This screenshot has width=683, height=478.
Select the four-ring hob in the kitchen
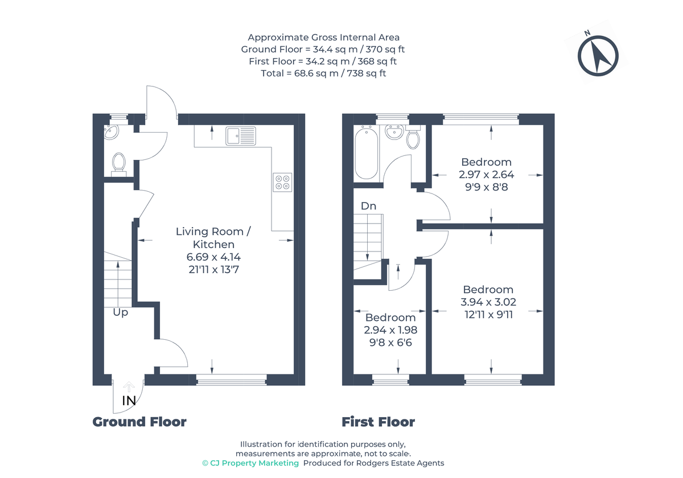pyautogui.click(x=282, y=182)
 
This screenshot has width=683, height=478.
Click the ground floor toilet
pyautogui.click(x=118, y=163)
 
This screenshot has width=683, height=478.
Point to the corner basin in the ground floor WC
pyautogui.click(x=112, y=132)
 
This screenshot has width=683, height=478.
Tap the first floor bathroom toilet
pyautogui.click(x=413, y=137)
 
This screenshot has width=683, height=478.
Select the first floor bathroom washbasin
pyautogui.click(x=393, y=131)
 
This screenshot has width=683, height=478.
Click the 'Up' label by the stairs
pyautogui.click(x=120, y=312)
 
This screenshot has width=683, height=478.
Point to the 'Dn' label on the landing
pyautogui.click(x=368, y=206)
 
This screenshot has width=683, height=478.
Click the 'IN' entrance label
pyautogui.click(x=129, y=401)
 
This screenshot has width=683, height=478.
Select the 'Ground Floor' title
pyautogui.click(x=139, y=422)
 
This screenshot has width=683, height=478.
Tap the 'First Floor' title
pyautogui.click(x=378, y=422)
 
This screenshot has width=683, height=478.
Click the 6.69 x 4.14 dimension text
pyautogui.click(x=213, y=257)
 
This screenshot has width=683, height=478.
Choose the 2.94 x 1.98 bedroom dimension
pyautogui.click(x=390, y=330)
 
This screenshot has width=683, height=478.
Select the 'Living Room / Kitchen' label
pyautogui.click(x=213, y=238)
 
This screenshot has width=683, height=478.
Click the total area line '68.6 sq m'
pyautogui.click(x=323, y=73)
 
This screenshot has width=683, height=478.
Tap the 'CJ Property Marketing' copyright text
pyautogui.click(x=251, y=463)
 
